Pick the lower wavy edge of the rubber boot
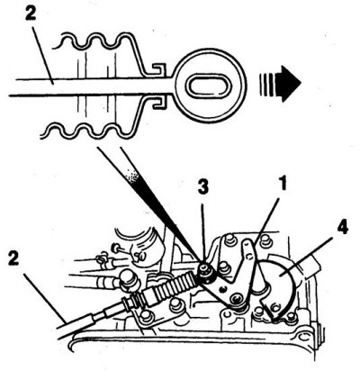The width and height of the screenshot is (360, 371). [x=90, y=133]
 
